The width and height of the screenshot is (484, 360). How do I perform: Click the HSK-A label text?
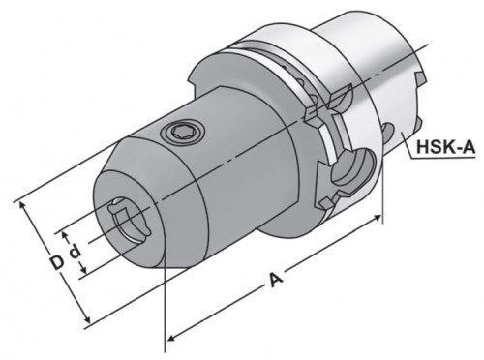pos(446,147)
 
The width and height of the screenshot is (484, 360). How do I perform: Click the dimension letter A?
pos(276,280)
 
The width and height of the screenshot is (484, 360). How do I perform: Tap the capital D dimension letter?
pos(58,262)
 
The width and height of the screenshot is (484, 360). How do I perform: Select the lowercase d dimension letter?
pos(76,253)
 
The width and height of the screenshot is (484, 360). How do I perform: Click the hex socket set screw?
pos(183,132)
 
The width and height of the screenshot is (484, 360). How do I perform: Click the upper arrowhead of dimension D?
pos(22,205)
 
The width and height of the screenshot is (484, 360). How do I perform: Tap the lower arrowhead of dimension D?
pos(86,318)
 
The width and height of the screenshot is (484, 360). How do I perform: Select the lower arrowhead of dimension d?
pos(82,269)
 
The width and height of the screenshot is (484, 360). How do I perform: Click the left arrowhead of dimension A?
pos(172,338)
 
